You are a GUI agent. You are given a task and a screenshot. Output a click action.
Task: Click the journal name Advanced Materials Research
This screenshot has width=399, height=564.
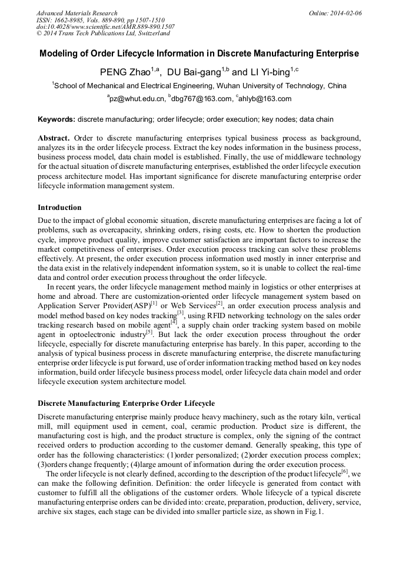coord(77,13)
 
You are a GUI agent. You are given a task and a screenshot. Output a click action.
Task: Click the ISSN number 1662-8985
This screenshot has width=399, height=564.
coord(67,20)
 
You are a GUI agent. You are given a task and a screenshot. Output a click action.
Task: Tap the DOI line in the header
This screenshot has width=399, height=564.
coord(105,27)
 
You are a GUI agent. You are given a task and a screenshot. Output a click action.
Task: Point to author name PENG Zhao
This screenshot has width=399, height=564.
coord(127,73)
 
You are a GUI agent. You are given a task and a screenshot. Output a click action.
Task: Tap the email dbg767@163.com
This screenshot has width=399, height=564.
coord(201,99)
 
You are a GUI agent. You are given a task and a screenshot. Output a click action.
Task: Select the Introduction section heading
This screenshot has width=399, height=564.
coord(59,208)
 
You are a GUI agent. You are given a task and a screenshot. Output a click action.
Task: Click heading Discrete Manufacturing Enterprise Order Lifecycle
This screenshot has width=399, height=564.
coord(126,404)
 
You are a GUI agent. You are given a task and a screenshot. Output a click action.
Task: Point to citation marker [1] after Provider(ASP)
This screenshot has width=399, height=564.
coord(154,304)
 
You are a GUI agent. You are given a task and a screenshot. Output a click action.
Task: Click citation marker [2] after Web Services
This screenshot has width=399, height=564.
coord(219,304)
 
